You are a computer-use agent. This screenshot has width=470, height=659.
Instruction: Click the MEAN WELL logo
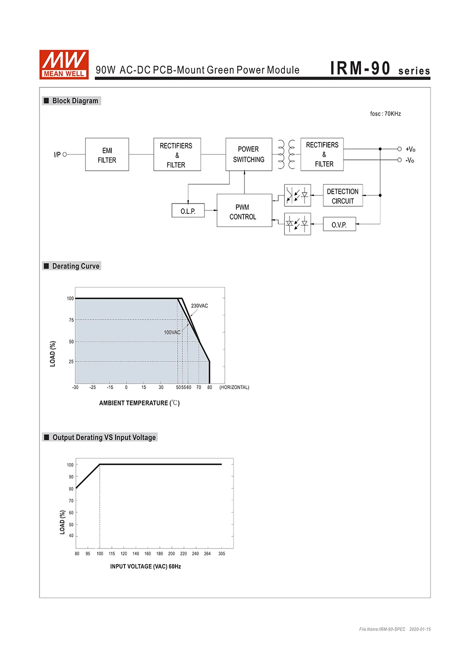point(64,64)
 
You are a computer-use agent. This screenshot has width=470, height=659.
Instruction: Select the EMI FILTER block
point(107,155)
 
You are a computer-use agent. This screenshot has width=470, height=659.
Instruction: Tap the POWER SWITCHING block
point(249,154)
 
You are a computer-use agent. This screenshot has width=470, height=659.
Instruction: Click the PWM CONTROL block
point(244,211)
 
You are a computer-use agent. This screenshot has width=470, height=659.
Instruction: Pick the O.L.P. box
point(188,211)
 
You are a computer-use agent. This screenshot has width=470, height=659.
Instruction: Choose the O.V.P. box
point(339,224)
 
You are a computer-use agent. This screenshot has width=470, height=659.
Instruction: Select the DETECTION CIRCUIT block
point(343,196)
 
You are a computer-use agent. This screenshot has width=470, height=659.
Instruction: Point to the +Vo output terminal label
point(410,149)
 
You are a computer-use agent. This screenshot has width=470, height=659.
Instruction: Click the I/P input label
point(57,154)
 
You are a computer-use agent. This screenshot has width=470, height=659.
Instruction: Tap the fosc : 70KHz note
point(385,114)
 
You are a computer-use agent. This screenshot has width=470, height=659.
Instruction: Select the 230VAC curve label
point(199,306)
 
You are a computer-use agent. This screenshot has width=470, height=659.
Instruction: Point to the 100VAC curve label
point(172,332)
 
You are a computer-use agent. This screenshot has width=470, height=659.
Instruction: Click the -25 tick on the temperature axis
point(93,387)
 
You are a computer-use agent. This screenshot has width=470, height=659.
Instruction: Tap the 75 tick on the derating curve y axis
point(71,320)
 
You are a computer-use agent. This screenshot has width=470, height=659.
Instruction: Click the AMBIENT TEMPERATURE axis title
point(139,403)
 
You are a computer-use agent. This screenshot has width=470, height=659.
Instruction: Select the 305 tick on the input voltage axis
point(221,554)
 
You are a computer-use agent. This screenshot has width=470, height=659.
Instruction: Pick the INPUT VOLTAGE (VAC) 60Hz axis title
point(146,566)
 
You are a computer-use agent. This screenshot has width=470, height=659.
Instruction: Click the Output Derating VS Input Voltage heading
point(104,437)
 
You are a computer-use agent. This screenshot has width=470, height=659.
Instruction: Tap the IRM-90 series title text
point(380,69)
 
